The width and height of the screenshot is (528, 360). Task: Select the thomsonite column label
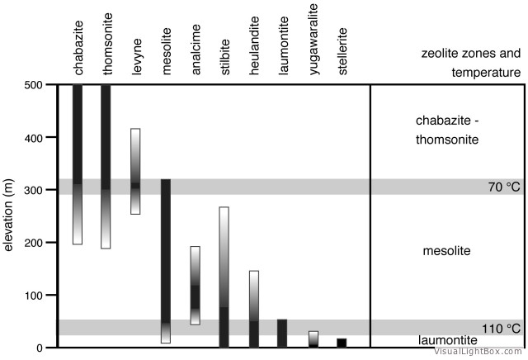pos(106,49)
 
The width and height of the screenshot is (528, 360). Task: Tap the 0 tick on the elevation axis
pos(38,348)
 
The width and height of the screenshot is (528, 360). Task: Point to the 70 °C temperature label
pos(504,187)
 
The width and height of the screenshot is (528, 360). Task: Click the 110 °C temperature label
pos(502,329)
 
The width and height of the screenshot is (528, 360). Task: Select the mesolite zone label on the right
pos(446,249)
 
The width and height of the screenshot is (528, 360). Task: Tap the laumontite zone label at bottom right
pos(447,339)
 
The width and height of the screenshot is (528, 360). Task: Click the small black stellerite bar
pos(342,343)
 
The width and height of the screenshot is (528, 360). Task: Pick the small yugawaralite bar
pos(313,339)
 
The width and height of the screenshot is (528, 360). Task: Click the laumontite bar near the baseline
pos(282,333)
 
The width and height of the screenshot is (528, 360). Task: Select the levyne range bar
pos(135,172)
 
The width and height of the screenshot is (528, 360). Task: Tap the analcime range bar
pos(196,285)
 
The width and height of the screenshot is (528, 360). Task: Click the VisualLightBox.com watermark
pos(480,351)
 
